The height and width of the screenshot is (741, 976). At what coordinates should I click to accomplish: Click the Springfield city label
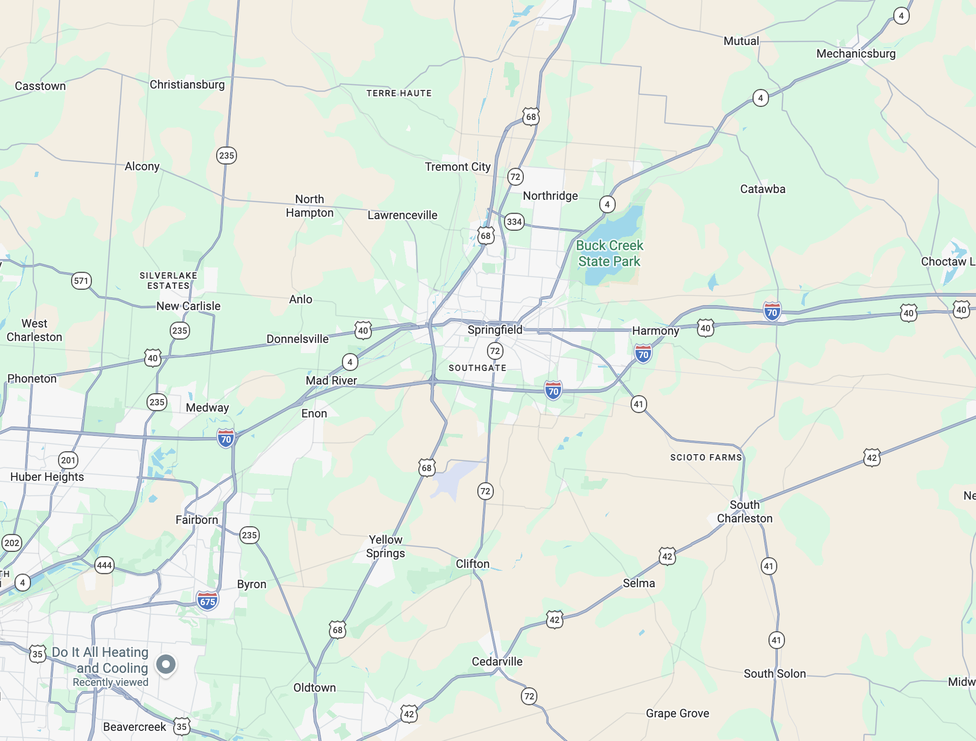[x=495, y=330]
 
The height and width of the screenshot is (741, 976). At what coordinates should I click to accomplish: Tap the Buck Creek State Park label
[x=609, y=253]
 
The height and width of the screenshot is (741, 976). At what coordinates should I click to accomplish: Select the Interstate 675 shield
[x=207, y=601]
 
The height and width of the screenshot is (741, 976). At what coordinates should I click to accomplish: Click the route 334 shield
[x=514, y=222]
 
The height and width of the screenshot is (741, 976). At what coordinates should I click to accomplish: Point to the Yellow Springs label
[x=385, y=547]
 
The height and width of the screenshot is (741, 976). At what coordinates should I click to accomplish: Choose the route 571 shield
[x=81, y=281]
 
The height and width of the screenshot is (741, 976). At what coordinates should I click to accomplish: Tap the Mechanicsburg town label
[x=856, y=54]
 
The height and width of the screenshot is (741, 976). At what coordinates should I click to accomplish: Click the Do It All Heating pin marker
[x=166, y=665]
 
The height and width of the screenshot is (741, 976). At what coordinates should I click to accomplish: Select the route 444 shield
[x=104, y=565]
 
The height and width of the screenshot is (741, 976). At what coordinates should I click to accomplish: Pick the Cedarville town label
[x=497, y=662]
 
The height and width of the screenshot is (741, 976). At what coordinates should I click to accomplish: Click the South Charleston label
[x=744, y=512]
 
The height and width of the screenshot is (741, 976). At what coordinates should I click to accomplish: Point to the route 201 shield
[x=68, y=460]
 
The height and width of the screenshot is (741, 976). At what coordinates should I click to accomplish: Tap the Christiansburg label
[x=187, y=85]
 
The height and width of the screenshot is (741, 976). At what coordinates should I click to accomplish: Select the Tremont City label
[x=458, y=167]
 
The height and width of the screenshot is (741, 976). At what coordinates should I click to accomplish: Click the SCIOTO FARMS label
[x=706, y=458]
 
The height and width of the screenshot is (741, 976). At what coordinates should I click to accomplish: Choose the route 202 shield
[x=12, y=543]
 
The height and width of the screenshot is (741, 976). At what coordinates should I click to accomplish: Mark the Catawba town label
[x=763, y=189]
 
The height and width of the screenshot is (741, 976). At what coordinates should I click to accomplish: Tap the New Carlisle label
[x=188, y=306]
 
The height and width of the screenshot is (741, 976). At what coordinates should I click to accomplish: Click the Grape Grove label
[x=677, y=713]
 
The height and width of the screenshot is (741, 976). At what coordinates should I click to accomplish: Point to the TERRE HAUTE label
[x=399, y=93]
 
